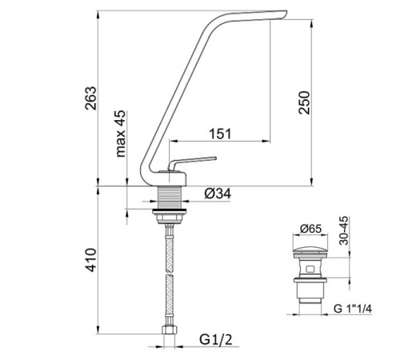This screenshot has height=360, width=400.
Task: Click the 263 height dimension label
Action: click(90, 98)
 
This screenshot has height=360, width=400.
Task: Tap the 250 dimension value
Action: click(304, 102)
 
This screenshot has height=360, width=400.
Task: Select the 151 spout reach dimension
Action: click(220, 134)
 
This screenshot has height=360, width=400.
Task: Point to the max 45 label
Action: click(121, 134)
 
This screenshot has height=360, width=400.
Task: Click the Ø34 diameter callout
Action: click(218, 194)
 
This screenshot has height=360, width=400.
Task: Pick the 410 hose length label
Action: click(90, 260)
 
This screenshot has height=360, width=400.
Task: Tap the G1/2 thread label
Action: click(216, 340)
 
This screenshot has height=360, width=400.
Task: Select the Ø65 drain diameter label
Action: click(310, 229)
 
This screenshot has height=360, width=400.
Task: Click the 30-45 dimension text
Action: click(344, 230)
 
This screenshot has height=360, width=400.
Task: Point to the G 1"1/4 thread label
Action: click(352, 309)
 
